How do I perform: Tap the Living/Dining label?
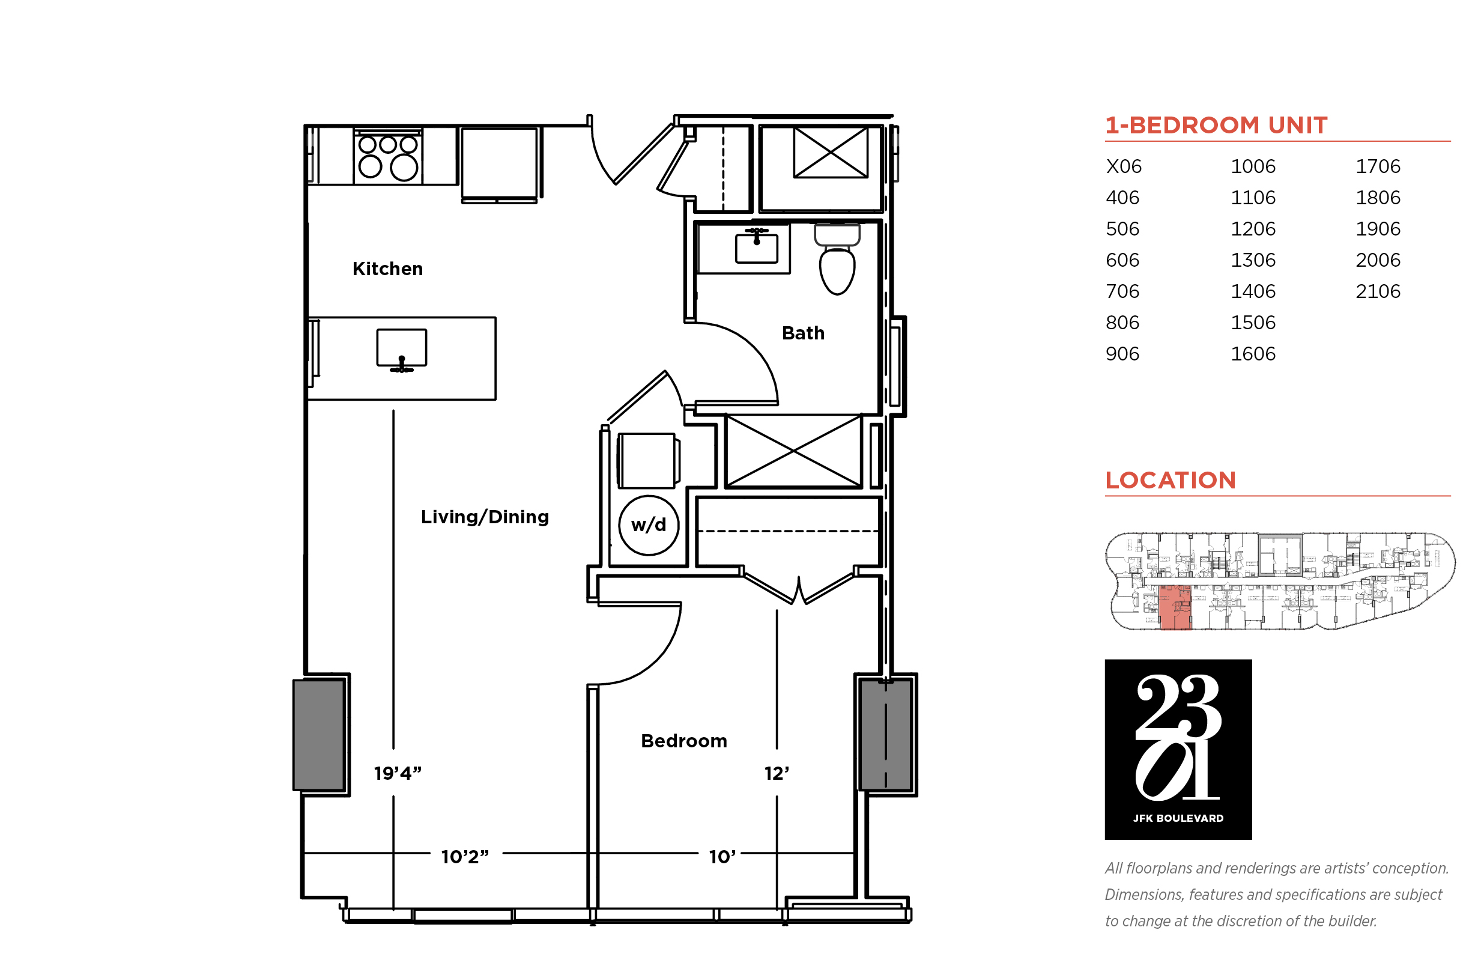pos(484,517)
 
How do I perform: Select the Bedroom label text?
pos(683,740)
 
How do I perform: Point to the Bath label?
pos(802,333)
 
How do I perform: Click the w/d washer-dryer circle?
pos(649,524)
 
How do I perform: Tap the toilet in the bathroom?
pos(837,259)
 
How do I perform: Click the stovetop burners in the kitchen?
pos(387,157)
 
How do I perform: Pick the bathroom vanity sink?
pos(756,246)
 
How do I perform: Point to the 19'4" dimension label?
pos(398,773)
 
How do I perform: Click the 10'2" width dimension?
pos(464,856)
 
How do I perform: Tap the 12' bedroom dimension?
pos(776,773)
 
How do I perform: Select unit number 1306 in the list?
pos(1253,260)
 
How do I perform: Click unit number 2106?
pos(1377,291)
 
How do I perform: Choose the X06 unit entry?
pos(1123,166)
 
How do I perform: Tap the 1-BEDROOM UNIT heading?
pos(1216,125)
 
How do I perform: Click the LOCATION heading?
pos(1171,480)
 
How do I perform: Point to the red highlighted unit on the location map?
pos(1175,607)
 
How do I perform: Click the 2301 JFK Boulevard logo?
pos(1178,749)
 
